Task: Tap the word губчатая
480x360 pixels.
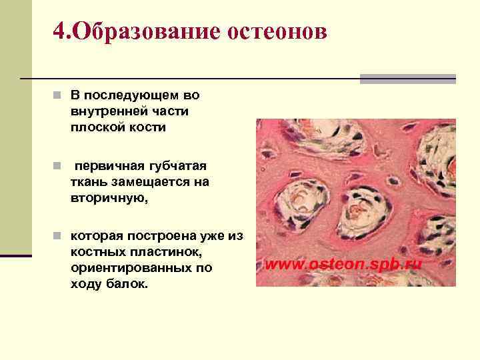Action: click(175, 165)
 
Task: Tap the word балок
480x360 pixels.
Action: click(129, 284)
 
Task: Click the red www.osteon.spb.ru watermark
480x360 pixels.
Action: click(344, 264)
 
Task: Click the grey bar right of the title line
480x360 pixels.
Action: click(407, 79)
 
